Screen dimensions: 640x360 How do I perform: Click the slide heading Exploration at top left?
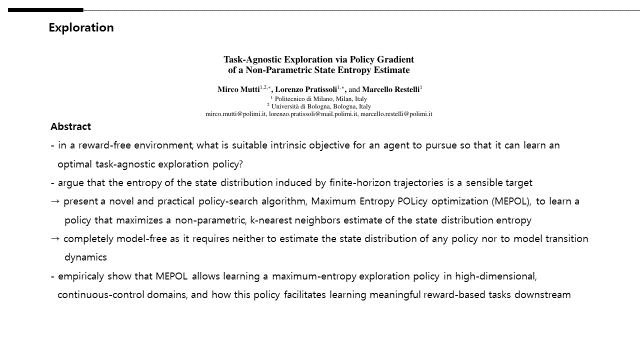[81, 28]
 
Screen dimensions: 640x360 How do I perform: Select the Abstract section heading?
[71, 127]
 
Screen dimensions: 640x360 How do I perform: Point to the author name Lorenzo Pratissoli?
[308, 90]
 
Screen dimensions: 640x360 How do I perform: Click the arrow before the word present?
[56, 202]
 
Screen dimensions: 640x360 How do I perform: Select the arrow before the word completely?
[56, 239]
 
